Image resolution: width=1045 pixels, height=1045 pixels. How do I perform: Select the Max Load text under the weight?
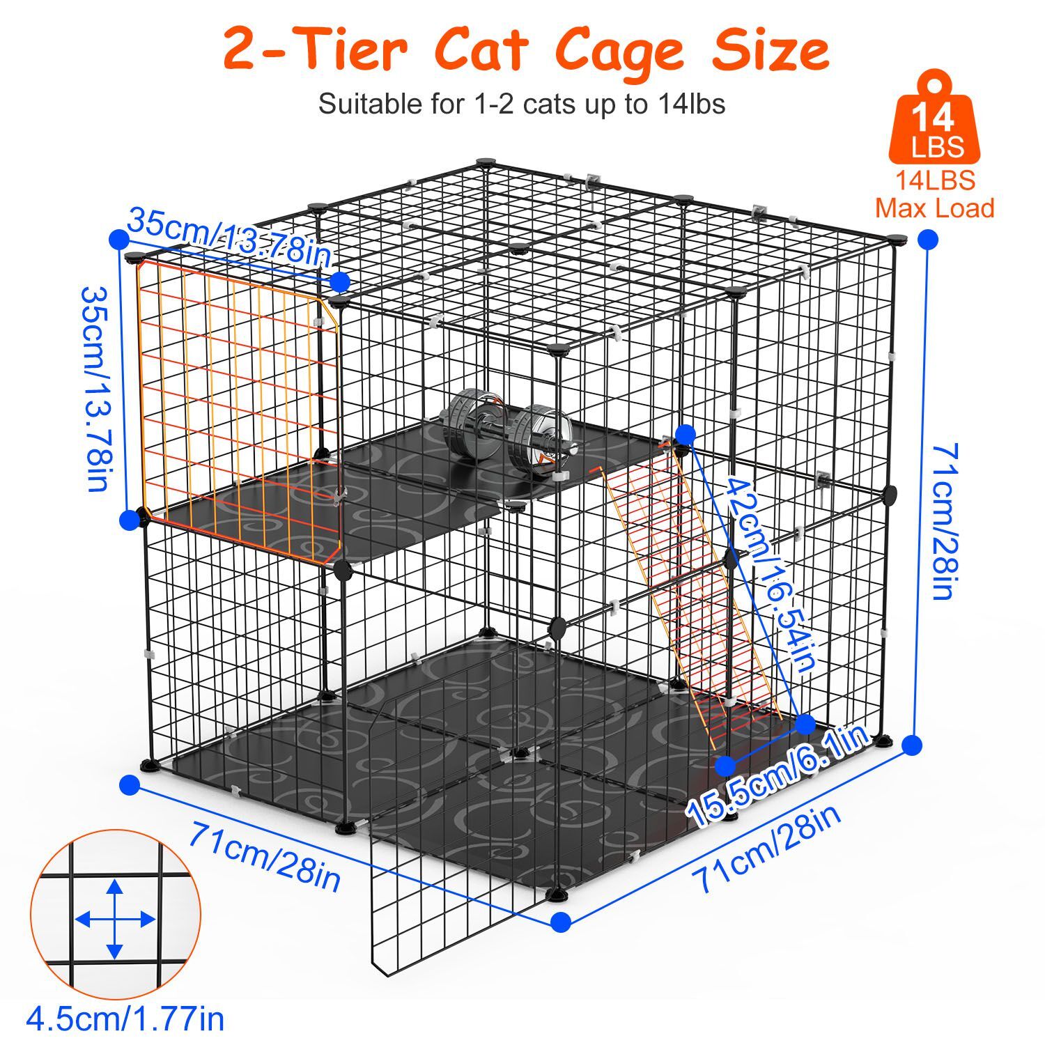click(x=934, y=208)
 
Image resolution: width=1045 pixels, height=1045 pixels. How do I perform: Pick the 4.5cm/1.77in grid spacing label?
click(x=125, y=1019)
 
